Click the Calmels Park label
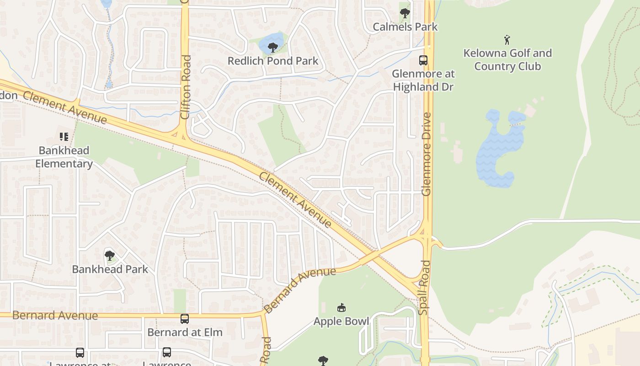point(405,27)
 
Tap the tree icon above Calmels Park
point(405,13)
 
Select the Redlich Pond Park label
point(273,61)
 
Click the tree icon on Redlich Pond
point(273,47)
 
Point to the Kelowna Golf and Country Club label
point(507,59)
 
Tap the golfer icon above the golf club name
point(507,39)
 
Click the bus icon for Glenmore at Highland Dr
point(423,60)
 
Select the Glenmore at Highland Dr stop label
point(423,80)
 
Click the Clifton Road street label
point(185,87)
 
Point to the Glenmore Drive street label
point(427,154)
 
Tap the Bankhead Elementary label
point(64,157)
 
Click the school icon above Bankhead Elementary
point(64,136)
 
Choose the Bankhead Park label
point(110,269)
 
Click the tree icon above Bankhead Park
point(109,255)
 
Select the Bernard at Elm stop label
point(185,332)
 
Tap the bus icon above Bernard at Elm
point(185,318)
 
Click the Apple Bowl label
point(341,321)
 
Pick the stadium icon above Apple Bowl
point(341,307)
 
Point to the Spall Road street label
point(424,287)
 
